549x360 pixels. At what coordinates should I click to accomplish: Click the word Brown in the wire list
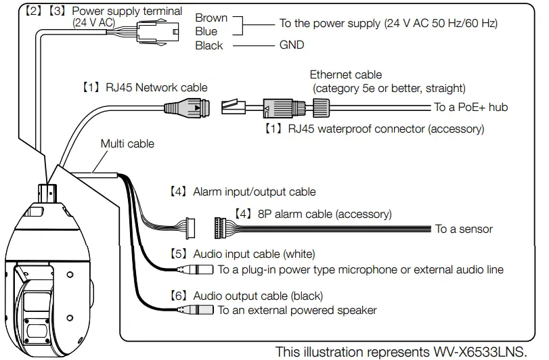(x=211, y=18)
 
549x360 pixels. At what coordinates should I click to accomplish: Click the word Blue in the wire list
(x=206, y=32)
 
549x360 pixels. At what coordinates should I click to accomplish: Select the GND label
(x=292, y=45)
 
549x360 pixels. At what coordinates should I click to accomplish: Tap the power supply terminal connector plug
(x=158, y=30)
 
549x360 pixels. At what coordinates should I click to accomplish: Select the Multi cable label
(x=127, y=143)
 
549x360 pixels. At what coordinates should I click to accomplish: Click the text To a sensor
(x=464, y=229)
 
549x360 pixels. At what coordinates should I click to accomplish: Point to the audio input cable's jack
(x=196, y=269)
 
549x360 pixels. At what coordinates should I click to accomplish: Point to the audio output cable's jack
(x=196, y=311)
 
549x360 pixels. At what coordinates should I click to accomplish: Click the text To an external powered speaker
(x=297, y=311)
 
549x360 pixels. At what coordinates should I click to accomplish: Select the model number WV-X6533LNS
(x=483, y=352)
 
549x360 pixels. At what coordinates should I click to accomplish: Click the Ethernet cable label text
(x=346, y=74)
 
